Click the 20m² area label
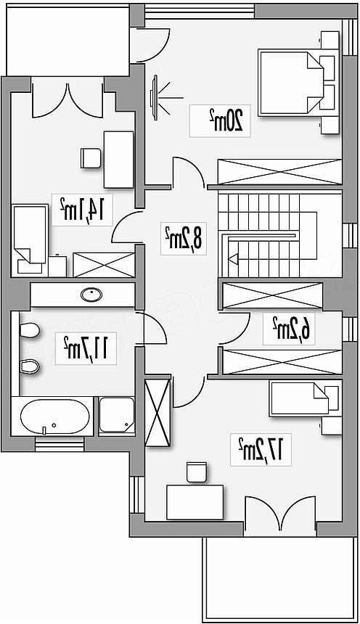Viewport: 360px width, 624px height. [226, 120]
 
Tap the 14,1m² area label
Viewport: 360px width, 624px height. [82, 209]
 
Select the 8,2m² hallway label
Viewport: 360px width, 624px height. [184, 239]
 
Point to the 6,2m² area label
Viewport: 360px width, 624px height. [292, 329]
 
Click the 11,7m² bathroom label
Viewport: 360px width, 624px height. [86, 348]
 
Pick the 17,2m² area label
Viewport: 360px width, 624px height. [260, 449]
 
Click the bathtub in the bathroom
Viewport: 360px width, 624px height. [54, 416]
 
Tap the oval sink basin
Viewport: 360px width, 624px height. [91, 295]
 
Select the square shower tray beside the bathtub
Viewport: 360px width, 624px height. [117, 415]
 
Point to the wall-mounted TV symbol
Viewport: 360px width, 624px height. [155, 97]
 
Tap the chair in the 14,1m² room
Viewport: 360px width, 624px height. [91, 157]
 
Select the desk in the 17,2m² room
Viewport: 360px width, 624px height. [195, 502]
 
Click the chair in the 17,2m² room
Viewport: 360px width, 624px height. [197, 472]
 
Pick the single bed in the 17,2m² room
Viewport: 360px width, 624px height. [306, 399]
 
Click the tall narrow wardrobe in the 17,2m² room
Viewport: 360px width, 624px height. [158, 412]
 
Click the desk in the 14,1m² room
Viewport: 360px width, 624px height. [118, 159]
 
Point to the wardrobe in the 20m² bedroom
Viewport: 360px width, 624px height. [280, 172]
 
